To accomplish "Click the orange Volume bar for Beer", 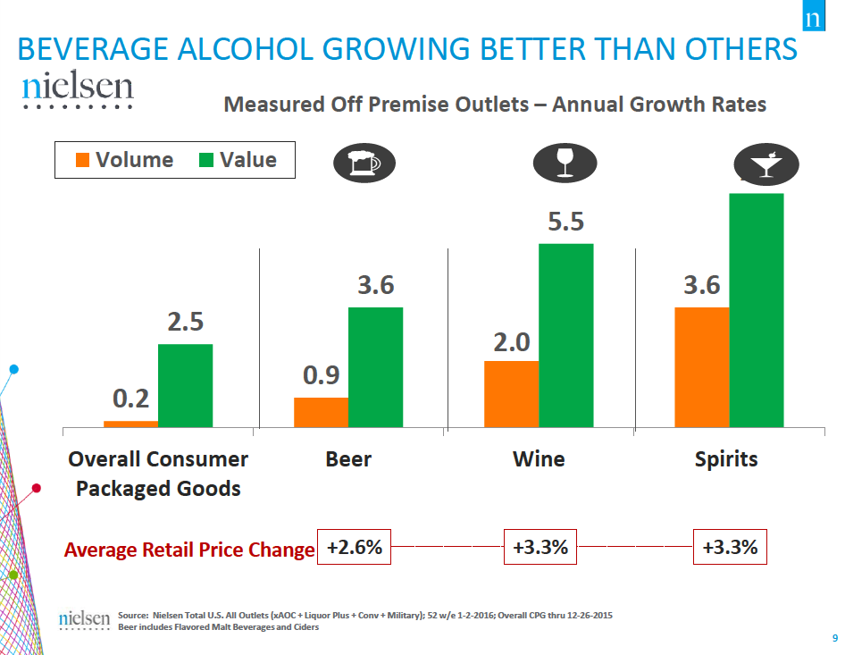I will click(321, 412).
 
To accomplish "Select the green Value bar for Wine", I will click(565, 335).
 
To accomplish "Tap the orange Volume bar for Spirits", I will click(701, 366).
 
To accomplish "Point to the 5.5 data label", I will click(566, 222).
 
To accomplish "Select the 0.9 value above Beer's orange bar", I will click(321, 375).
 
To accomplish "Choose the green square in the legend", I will click(206, 161).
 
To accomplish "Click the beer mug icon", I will click(364, 164).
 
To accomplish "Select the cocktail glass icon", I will click(766, 165).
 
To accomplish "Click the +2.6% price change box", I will click(355, 548).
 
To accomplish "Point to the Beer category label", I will click(348, 459).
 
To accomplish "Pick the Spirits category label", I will click(725, 459).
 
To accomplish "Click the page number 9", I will click(834, 638).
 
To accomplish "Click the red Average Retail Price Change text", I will click(188, 550).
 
